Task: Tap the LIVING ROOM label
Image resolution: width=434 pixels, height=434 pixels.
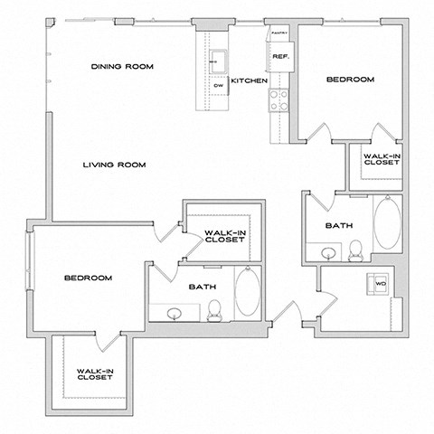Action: pos(115,165)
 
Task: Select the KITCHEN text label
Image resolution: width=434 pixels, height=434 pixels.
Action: pos(248,81)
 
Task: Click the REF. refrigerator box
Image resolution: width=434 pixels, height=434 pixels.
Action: pos(278,57)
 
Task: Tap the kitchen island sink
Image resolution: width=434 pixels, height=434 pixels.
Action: pos(218,62)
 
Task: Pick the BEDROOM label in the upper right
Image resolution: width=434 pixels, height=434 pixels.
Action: pos(350,80)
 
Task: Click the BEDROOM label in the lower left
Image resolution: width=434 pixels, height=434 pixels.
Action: pos(88,278)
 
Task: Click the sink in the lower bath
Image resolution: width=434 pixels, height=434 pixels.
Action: pos(174,313)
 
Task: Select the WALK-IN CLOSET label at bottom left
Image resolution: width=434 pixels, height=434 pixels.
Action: pos(94,373)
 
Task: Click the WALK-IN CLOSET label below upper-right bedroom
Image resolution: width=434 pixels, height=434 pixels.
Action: pos(380,160)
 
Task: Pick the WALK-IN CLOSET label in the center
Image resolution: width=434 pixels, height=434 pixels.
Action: pos(223,236)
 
